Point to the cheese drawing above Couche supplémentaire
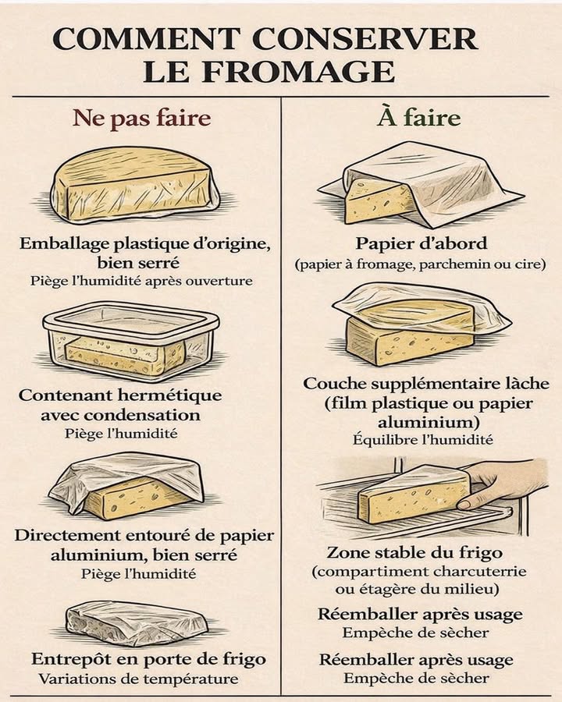tap(418, 324)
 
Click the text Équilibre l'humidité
tap(422, 440)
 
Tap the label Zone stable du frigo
tap(414, 553)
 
